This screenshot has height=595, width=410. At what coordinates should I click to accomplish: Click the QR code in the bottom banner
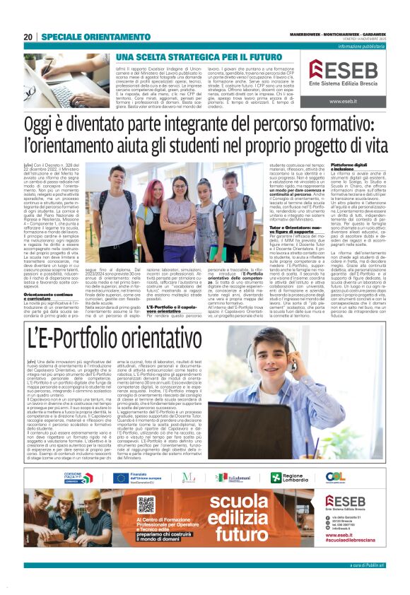pos(146,505)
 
